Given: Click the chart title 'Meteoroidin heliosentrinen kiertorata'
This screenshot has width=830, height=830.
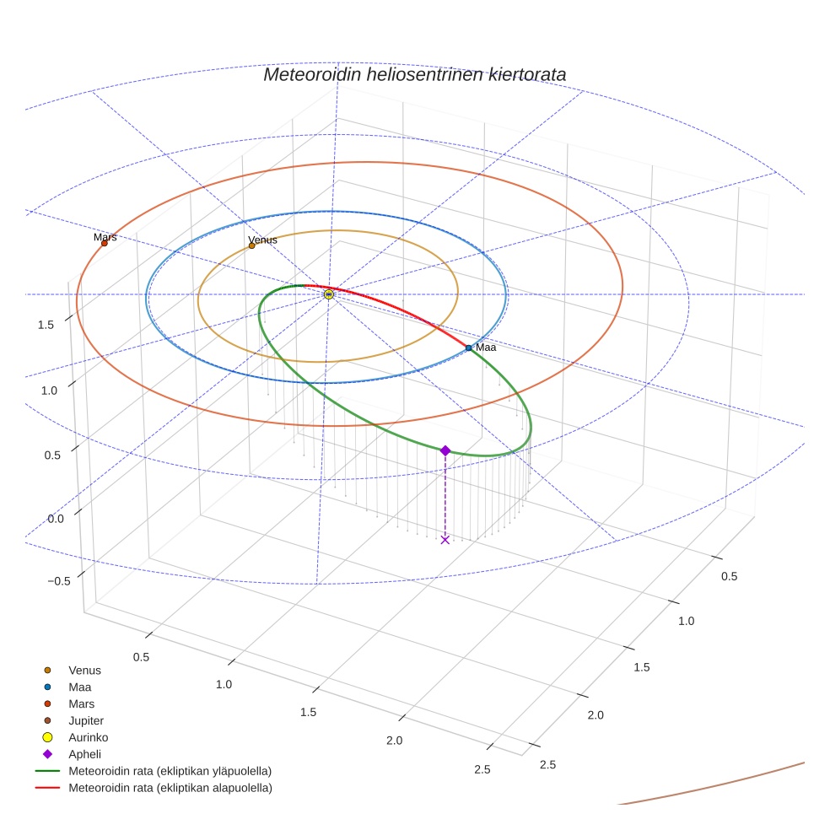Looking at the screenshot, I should click(414, 74).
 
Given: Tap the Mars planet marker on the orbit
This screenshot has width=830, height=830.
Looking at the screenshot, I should click(105, 244).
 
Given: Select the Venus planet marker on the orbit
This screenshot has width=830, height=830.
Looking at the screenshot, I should click(251, 245).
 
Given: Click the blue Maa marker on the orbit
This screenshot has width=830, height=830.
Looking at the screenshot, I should click(469, 348).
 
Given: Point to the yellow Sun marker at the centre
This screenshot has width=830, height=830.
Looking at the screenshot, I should click(329, 294).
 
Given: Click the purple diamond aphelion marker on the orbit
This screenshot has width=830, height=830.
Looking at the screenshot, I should click(445, 450).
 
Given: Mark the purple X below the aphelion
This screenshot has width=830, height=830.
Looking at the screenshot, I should click(445, 540).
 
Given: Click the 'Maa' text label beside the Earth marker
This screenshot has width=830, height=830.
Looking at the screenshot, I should click(486, 348).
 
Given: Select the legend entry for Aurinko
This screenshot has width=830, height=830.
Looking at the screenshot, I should click(88, 737).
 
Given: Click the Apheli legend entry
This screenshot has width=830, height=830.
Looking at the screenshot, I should click(84, 754).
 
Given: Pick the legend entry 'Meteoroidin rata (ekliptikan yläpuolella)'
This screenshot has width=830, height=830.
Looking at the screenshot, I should click(170, 771).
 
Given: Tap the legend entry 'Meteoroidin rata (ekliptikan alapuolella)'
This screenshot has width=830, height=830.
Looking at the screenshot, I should click(170, 788).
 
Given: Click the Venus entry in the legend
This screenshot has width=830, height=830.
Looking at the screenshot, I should click(84, 671).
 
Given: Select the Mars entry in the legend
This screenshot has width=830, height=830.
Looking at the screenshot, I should click(81, 703).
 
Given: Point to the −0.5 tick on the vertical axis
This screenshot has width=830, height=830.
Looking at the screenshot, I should click(58, 581).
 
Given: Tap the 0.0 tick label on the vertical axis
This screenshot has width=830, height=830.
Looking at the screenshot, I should click(56, 518).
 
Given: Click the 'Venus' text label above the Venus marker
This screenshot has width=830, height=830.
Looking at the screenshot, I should click(262, 240).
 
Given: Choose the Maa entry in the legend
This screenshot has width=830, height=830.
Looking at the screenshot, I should click(79, 687).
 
